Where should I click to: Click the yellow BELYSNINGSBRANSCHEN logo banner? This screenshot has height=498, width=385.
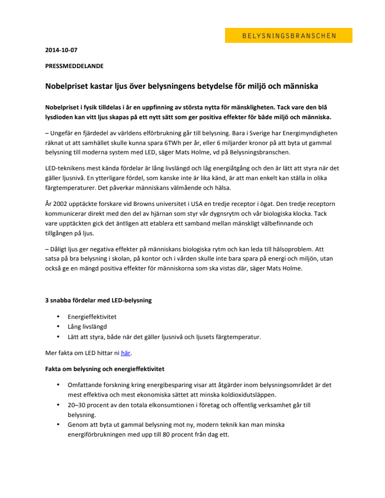tap(288, 36)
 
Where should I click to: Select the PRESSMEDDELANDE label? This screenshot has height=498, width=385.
tap(74, 66)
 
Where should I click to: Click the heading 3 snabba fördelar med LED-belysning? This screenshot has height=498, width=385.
tap(98, 300)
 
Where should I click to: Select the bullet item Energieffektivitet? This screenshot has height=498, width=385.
tap(92, 316)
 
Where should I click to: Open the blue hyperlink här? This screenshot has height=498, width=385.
tap(125, 353)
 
